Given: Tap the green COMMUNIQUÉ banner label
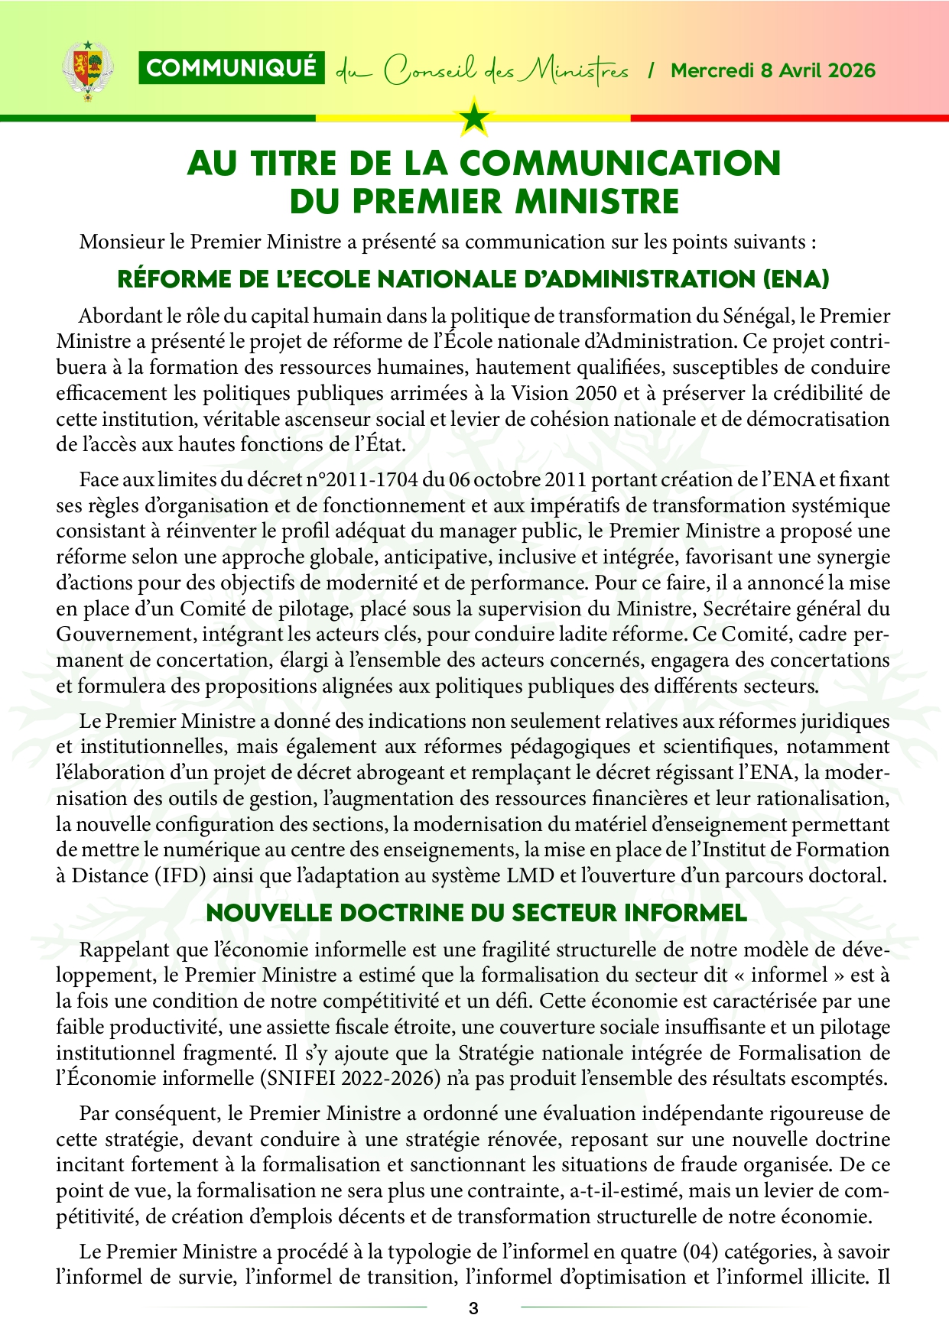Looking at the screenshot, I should coord(231,68).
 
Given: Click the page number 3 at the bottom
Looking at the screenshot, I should coord(473,1308).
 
